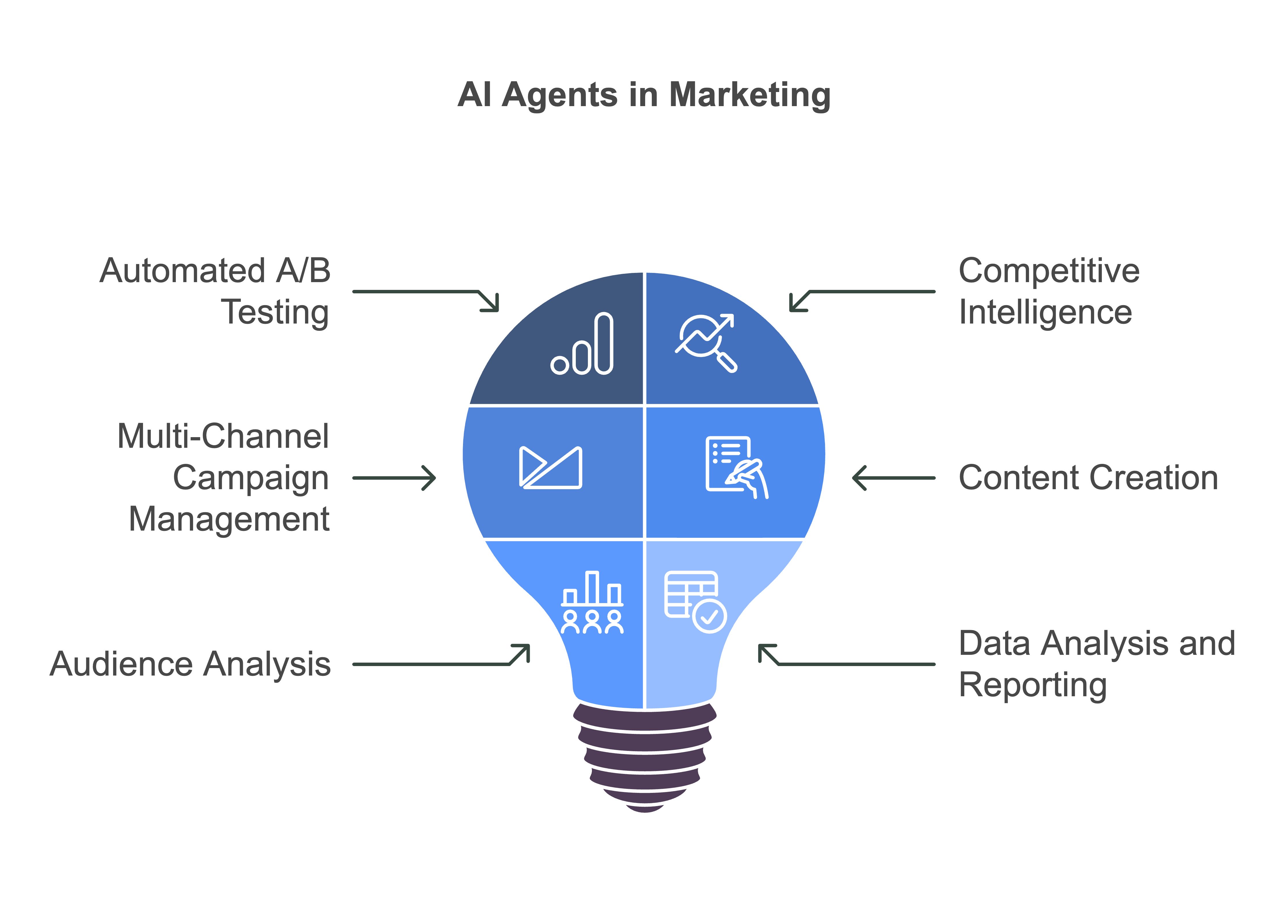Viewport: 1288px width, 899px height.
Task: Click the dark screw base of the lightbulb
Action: tap(645, 757)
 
